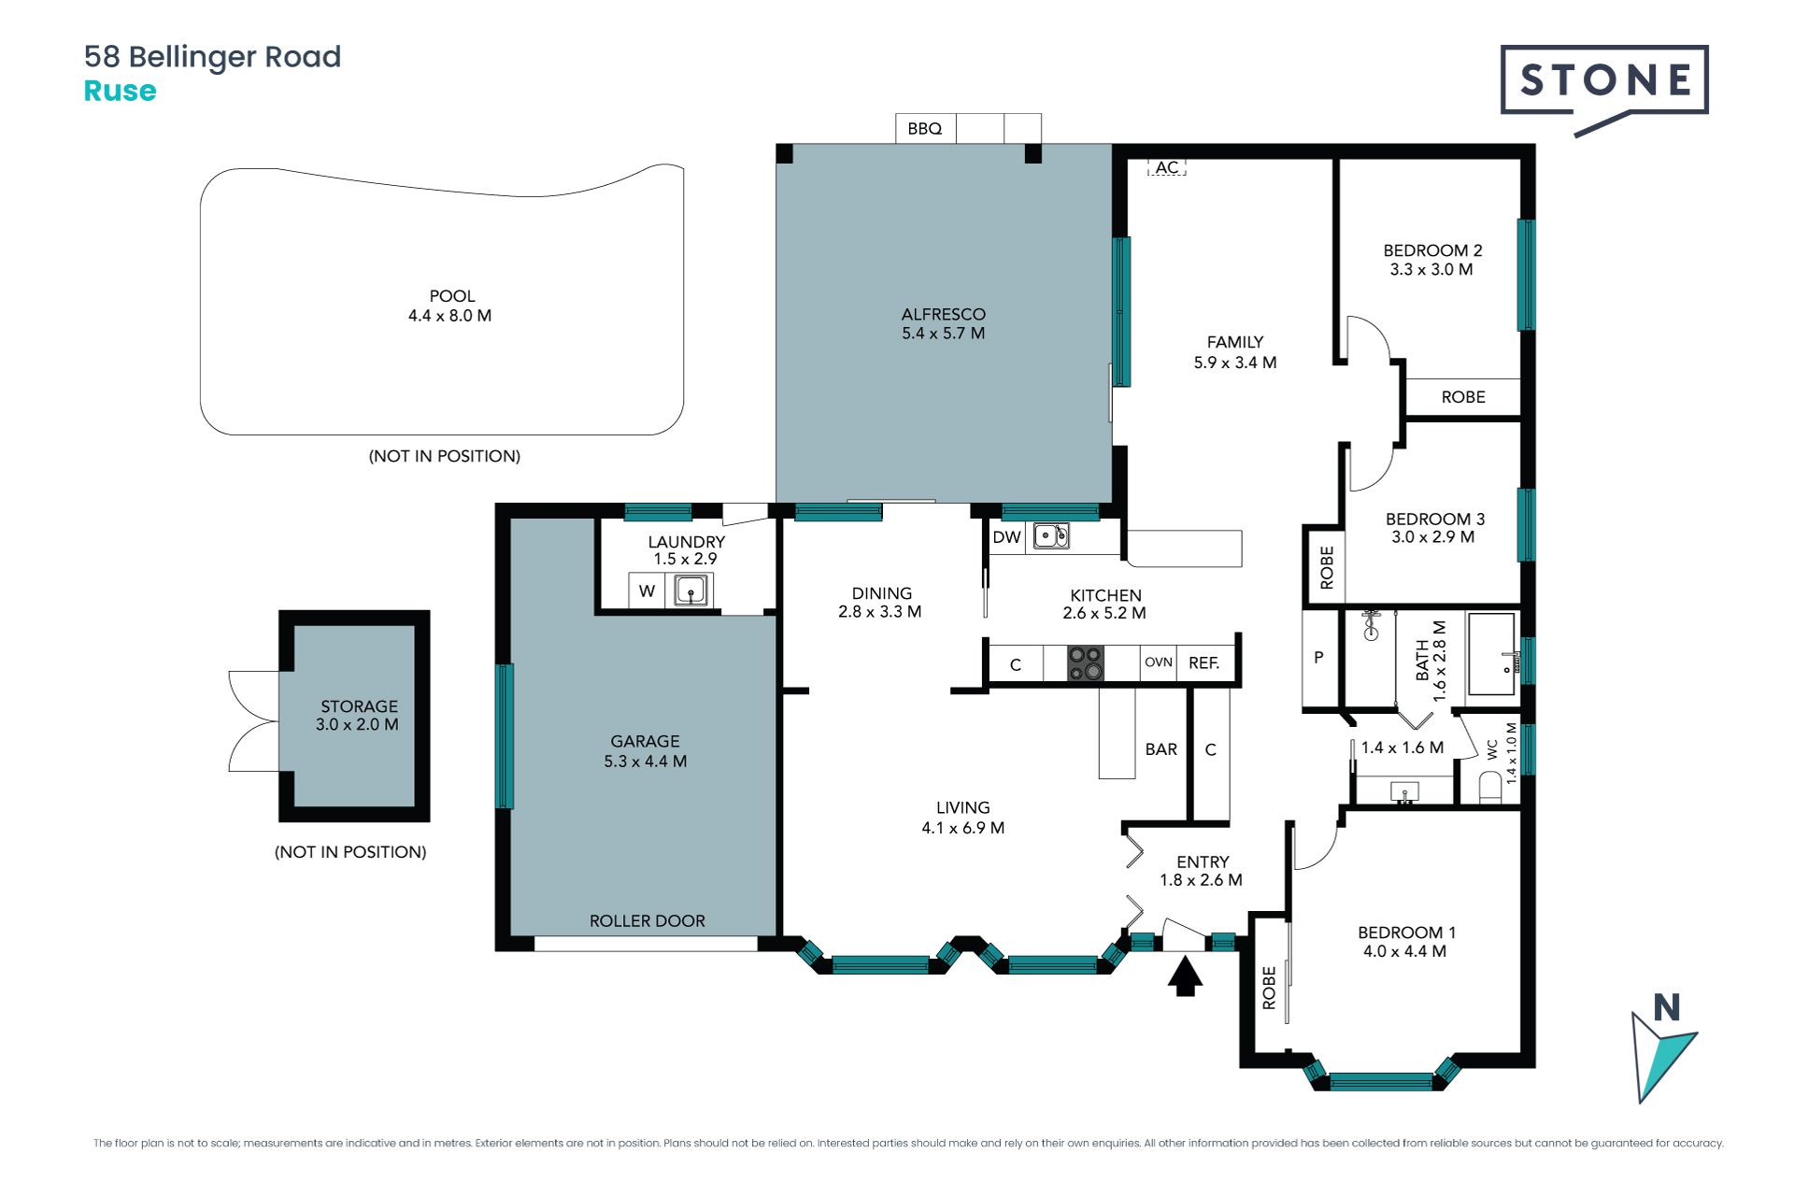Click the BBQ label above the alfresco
(x=924, y=129)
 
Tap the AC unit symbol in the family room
(x=1166, y=167)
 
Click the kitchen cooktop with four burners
(x=1086, y=663)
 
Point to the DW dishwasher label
(x=1006, y=537)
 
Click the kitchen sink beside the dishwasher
(x=1051, y=536)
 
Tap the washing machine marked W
(x=647, y=591)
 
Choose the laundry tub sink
(x=691, y=591)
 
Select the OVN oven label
(x=1159, y=662)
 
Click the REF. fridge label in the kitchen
(x=1203, y=663)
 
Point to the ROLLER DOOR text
(x=648, y=921)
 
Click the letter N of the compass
(x=1667, y=1007)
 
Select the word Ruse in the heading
(x=121, y=91)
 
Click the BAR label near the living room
(x=1161, y=749)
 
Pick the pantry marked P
(x=1319, y=658)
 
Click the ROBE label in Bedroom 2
(x=1463, y=397)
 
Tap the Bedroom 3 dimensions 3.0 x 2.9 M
(x=1433, y=537)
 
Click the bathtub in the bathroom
(x=1491, y=654)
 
